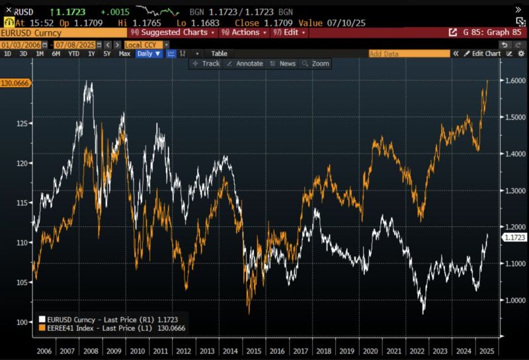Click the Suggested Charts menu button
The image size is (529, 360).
[174, 32]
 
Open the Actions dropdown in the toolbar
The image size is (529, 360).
[244, 32]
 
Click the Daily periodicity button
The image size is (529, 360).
[149, 54]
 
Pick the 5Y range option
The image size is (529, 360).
[107, 54]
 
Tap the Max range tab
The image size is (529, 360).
[124, 54]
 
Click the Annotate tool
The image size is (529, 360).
[245, 64]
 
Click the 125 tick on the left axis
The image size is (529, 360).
[22, 124]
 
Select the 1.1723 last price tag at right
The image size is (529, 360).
[514, 237]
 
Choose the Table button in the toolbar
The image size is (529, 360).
[219, 54]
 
